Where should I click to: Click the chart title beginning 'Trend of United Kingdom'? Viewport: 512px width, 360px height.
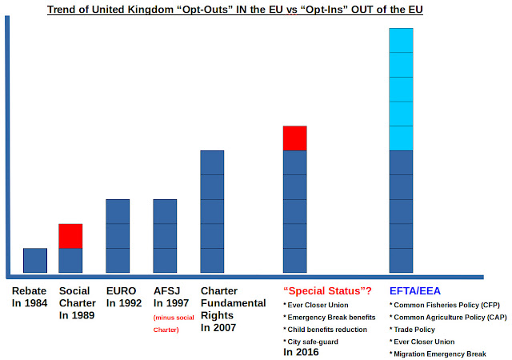234,10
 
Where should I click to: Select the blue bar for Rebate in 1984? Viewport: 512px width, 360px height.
35,260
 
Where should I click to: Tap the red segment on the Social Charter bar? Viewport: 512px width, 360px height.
70,236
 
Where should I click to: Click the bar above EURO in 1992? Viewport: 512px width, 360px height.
118,236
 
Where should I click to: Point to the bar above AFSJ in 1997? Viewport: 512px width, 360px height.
165,236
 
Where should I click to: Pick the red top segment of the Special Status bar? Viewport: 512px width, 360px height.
295,138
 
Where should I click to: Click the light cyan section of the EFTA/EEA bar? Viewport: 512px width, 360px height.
401,89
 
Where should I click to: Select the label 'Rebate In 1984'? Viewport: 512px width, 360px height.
30,297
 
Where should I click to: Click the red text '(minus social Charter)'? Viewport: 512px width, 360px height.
174,323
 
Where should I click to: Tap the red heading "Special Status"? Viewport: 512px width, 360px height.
327,290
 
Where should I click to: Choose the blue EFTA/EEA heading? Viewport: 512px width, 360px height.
415,290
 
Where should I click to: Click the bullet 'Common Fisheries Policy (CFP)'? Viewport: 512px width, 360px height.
445,305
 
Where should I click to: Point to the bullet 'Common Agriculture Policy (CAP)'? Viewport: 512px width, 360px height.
448,318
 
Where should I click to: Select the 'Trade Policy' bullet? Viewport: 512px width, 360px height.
412,330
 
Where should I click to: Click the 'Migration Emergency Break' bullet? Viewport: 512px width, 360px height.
438,354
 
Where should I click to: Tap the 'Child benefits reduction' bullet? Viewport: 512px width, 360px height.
326,330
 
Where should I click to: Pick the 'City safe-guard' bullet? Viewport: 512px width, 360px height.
310,342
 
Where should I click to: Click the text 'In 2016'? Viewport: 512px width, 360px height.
301,352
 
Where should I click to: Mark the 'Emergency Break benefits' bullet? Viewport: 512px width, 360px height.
330,318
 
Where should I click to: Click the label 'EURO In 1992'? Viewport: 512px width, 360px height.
124,297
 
